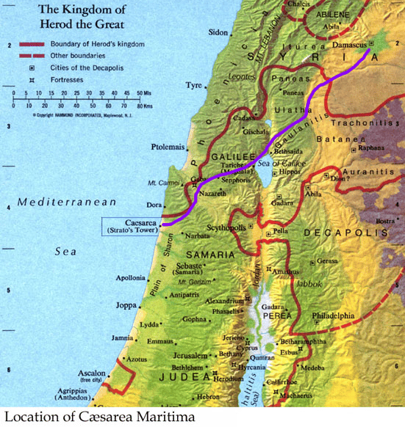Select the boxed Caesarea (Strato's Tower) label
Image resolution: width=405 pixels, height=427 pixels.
coord(132,225)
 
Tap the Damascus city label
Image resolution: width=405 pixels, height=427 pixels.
coord(350,45)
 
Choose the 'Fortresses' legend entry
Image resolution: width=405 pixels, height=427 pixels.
coord(61,78)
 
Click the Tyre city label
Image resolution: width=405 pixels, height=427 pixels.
coord(193,85)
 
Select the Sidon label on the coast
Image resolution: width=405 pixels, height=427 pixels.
coord(219,33)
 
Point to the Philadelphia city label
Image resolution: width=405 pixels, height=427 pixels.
coord(332,316)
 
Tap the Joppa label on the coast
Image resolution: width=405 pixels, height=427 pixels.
coord(128,304)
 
